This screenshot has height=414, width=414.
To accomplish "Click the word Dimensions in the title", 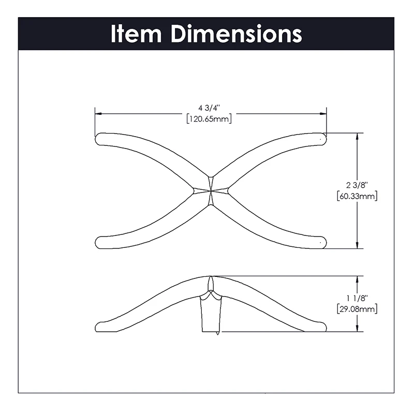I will [236, 34].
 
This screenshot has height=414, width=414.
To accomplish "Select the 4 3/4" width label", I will [209, 108].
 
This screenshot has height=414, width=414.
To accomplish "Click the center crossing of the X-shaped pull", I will [211, 190].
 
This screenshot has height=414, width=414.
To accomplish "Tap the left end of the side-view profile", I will [100, 327].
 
